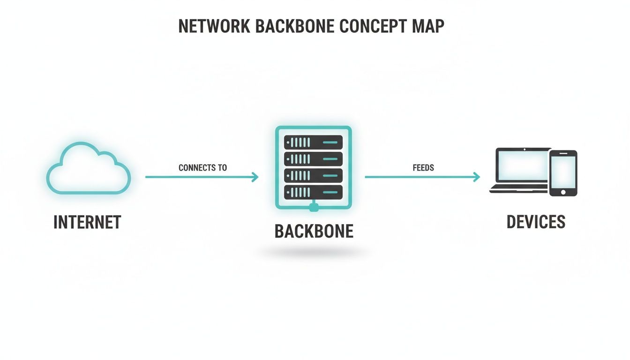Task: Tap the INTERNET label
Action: tap(87, 222)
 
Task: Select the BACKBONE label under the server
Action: tap(314, 232)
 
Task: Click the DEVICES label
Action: tap(536, 222)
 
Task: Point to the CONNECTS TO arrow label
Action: tap(202, 168)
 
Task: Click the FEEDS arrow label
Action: tap(423, 168)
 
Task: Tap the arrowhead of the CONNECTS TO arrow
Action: tap(255, 177)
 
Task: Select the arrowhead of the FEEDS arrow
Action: tap(477, 177)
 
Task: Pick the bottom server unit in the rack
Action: tap(313, 191)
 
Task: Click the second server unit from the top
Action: tap(313, 158)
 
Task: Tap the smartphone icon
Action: tap(563, 173)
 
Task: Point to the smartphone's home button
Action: tap(563, 192)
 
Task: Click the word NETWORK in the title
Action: tap(214, 26)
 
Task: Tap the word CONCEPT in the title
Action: tap(370, 26)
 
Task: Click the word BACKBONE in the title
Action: tap(295, 26)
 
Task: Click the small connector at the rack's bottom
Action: tap(314, 206)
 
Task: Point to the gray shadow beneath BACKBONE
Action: tap(314, 253)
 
